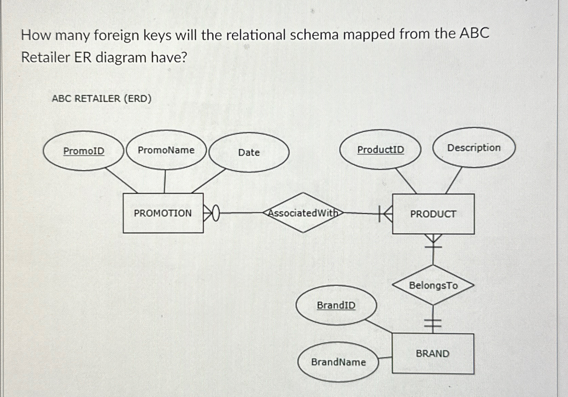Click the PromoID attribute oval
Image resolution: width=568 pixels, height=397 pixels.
[x=84, y=151]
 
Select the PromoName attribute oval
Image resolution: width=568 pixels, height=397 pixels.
[x=166, y=150]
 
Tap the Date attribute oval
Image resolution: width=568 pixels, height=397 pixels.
[x=249, y=153]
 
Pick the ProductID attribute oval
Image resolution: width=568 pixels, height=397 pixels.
[x=380, y=150]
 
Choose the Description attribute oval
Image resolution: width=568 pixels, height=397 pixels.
[x=474, y=147]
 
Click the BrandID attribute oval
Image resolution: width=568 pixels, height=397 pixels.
[x=336, y=305]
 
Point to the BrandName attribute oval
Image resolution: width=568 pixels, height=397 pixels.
[x=338, y=362]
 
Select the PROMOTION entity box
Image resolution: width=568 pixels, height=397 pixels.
[x=163, y=213]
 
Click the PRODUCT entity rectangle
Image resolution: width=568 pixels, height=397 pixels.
[x=433, y=214]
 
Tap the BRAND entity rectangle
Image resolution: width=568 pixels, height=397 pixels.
[x=433, y=354]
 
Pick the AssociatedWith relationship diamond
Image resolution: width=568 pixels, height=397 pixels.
[x=303, y=213]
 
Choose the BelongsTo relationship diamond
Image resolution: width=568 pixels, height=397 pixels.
[x=433, y=285]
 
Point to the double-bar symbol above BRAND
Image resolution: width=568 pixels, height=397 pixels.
[x=433, y=324]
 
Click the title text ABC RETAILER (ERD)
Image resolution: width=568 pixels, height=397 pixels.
[x=102, y=99]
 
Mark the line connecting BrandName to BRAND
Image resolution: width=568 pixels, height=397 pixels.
[x=385, y=358]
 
